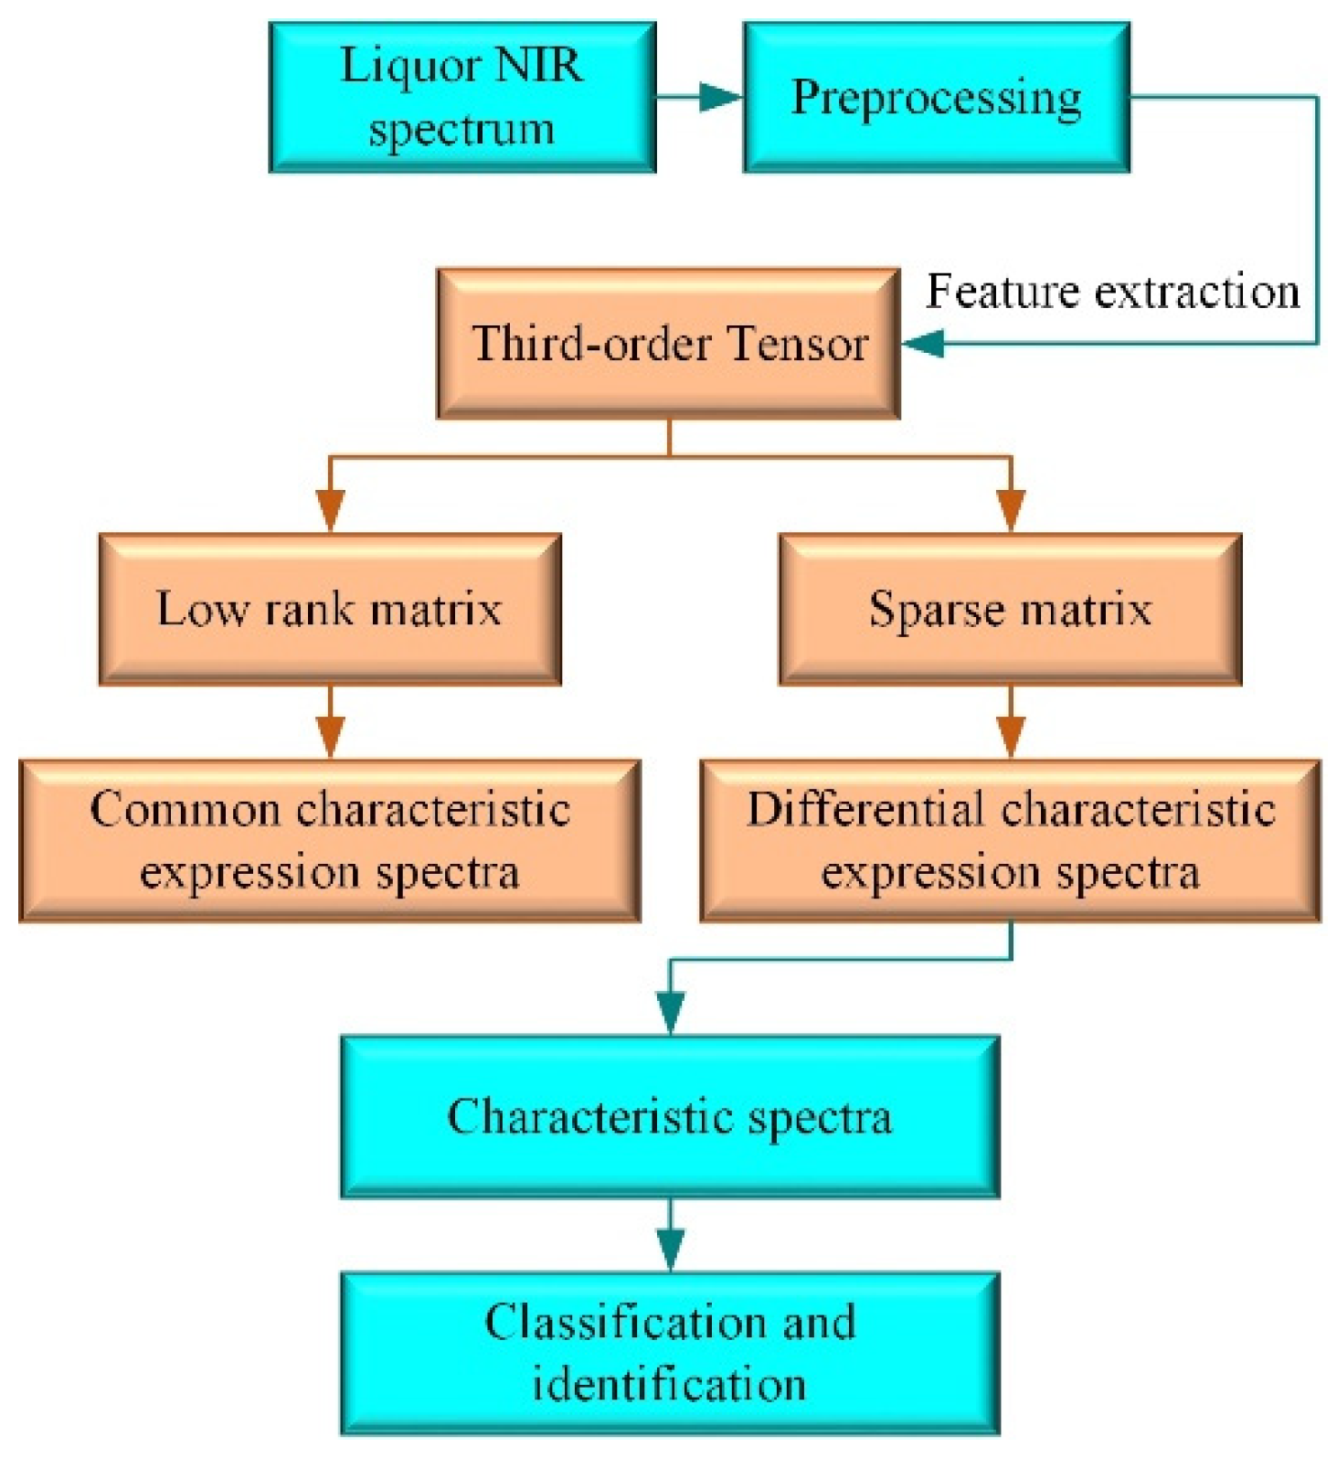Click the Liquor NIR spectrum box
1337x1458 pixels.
point(462,97)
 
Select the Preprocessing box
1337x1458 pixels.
point(936,97)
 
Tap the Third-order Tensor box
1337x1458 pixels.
point(668,344)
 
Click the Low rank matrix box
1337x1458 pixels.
point(329,609)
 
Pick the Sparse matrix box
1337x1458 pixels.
point(1009,609)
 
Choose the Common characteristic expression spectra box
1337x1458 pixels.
point(329,840)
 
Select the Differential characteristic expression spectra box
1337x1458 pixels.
point(1009,840)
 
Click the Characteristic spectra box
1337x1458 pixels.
point(669,1116)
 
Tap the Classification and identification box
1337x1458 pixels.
point(669,1353)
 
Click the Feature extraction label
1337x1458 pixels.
point(1112,292)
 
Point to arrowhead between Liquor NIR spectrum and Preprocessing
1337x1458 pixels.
point(722,96)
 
